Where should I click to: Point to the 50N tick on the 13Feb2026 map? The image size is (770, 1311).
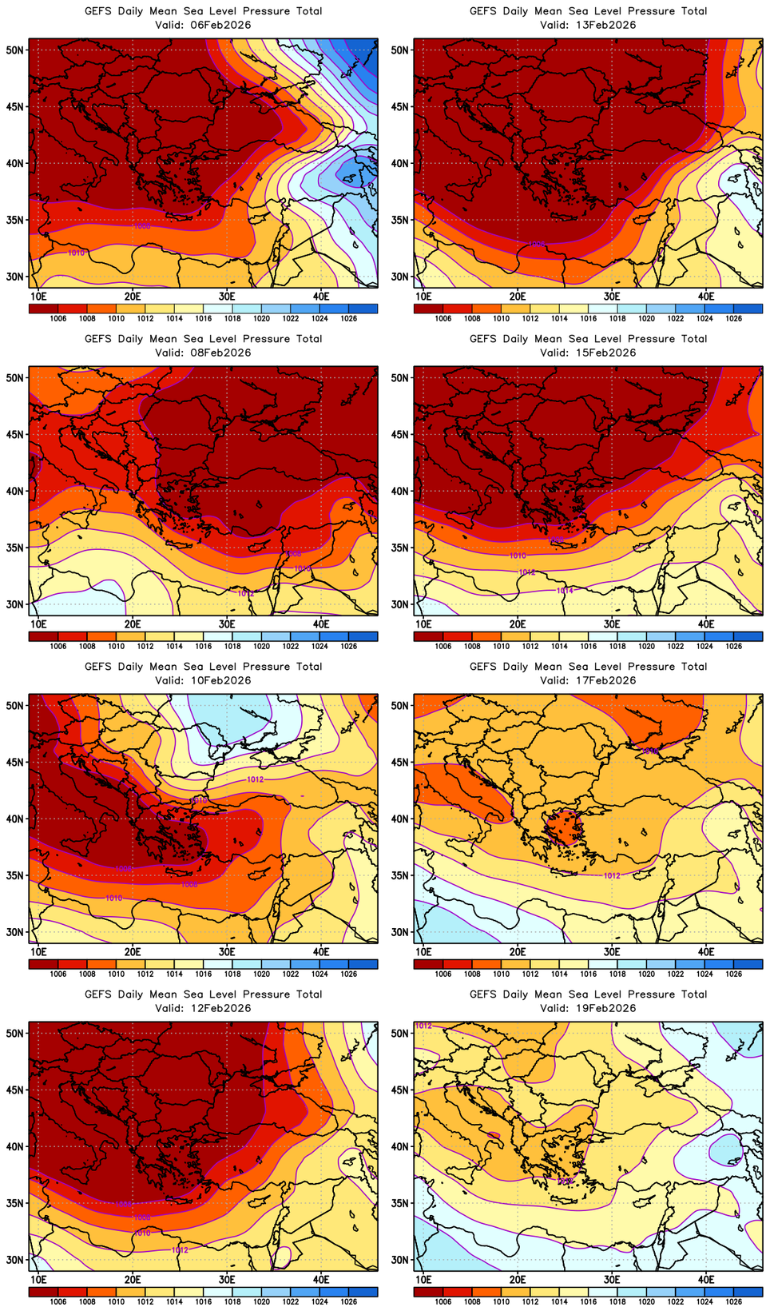tap(400, 50)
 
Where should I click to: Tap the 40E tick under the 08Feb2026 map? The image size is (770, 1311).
tap(321, 624)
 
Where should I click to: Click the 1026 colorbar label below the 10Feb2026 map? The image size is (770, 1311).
tap(348, 974)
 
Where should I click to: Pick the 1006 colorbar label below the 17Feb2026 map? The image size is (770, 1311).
tap(443, 974)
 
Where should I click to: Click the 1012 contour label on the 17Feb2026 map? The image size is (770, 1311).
tap(612, 876)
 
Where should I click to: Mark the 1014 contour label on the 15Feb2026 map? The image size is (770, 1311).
tap(564, 591)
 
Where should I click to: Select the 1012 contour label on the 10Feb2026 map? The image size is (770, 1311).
tap(255, 779)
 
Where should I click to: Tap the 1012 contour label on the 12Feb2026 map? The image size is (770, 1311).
tap(180, 1250)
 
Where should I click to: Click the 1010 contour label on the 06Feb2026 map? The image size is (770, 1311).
tap(76, 253)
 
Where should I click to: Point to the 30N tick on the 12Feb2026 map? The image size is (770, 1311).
tap(15, 1260)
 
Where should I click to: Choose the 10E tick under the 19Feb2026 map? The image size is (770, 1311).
tap(423, 1279)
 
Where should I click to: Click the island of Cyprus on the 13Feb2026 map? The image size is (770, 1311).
tap(638, 219)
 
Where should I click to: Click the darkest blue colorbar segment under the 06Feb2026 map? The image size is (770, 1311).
tap(363, 309)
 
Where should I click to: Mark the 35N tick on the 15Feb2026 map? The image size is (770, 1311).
tap(400, 548)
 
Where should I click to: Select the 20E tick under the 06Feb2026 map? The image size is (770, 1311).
tap(133, 296)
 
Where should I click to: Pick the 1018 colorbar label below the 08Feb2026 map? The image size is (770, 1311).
tap(232, 646)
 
